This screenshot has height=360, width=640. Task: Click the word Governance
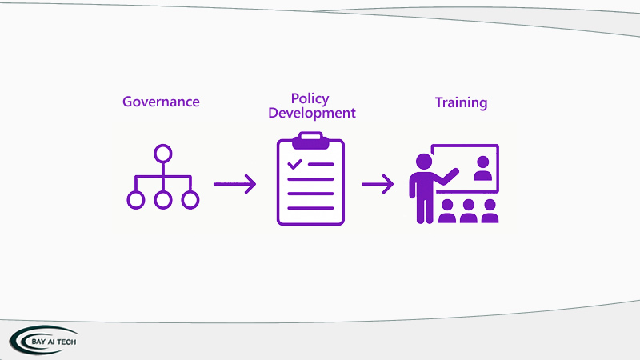(161, 102)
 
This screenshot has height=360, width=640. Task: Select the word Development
(312, 113)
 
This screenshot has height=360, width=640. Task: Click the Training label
(461, 102)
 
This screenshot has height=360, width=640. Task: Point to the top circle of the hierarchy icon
(163, 152)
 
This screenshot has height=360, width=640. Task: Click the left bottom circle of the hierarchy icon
(136, 200)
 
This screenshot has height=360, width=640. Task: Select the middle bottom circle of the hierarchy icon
(163, 200)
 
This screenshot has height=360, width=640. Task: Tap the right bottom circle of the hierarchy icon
(190, 200)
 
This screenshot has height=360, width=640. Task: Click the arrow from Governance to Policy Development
(234, 184)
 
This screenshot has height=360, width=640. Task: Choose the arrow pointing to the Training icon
(378, 185)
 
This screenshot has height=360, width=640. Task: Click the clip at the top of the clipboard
(310, 142)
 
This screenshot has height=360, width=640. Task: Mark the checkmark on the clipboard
(295, 164)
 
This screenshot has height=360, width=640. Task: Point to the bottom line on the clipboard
(310, 208)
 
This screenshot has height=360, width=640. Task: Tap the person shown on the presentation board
(482, 167)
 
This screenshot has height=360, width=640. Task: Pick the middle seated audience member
(469, 212)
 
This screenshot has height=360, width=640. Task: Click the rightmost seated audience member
(490, 212)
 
